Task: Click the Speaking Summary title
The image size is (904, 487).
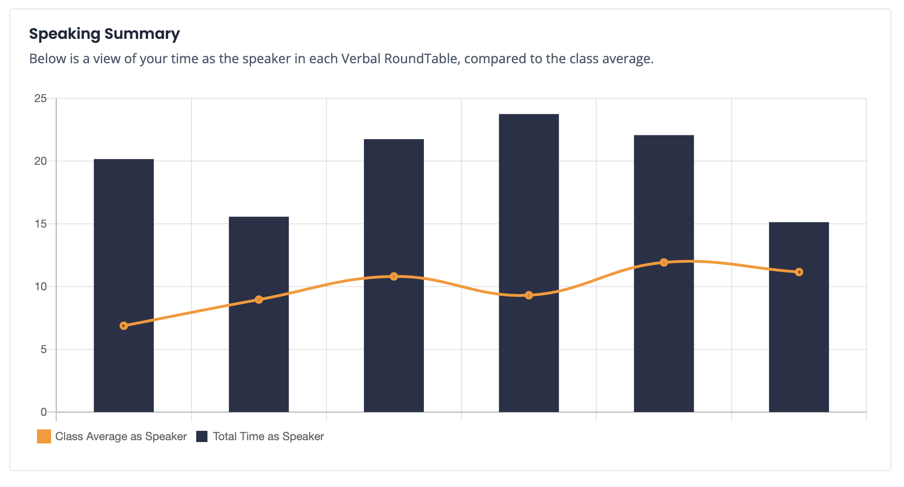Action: (x=104, y=34)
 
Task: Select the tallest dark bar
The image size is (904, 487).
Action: (x=529, y=263)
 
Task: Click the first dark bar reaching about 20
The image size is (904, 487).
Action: (x=124, y=286)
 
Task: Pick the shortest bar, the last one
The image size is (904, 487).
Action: (x=799, y=317)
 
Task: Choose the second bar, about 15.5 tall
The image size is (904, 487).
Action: (x=259, y=314)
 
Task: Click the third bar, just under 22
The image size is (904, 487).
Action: (x=394, y=275)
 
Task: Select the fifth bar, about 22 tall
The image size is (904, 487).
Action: (x=664, y=273)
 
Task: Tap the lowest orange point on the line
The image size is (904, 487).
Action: (x=124, y=325)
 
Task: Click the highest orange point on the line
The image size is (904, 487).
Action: (x=664, y=262)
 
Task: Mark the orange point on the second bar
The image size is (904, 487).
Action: (x=259, y=299)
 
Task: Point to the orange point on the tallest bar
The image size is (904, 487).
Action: (x=529, y=295)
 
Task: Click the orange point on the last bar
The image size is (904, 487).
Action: (x=799, y=272)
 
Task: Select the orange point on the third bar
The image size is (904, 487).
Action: (x=394, y=276)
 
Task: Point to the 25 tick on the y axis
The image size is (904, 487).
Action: (x=41, y=98)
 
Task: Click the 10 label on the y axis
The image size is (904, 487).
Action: (x=41, y=287)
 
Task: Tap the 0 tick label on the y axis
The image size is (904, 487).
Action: (x=44, y=412)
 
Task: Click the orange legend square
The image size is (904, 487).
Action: (x=44, y=436)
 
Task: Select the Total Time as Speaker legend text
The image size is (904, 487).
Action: (x=268, y=436)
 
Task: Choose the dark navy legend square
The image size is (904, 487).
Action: (x=202, y=436)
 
